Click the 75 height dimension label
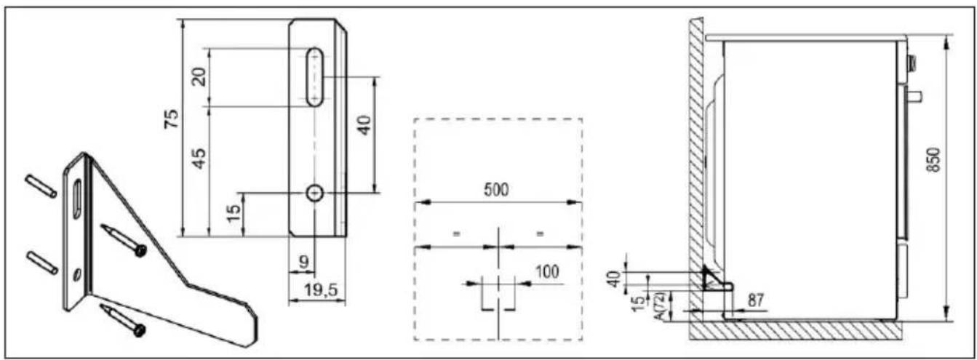172,119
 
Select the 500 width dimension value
496,190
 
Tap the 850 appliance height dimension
933,160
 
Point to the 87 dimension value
756,300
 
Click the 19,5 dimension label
321,290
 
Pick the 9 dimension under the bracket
304,262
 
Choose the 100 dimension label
547,272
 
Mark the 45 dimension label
199,159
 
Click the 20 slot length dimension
199,77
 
